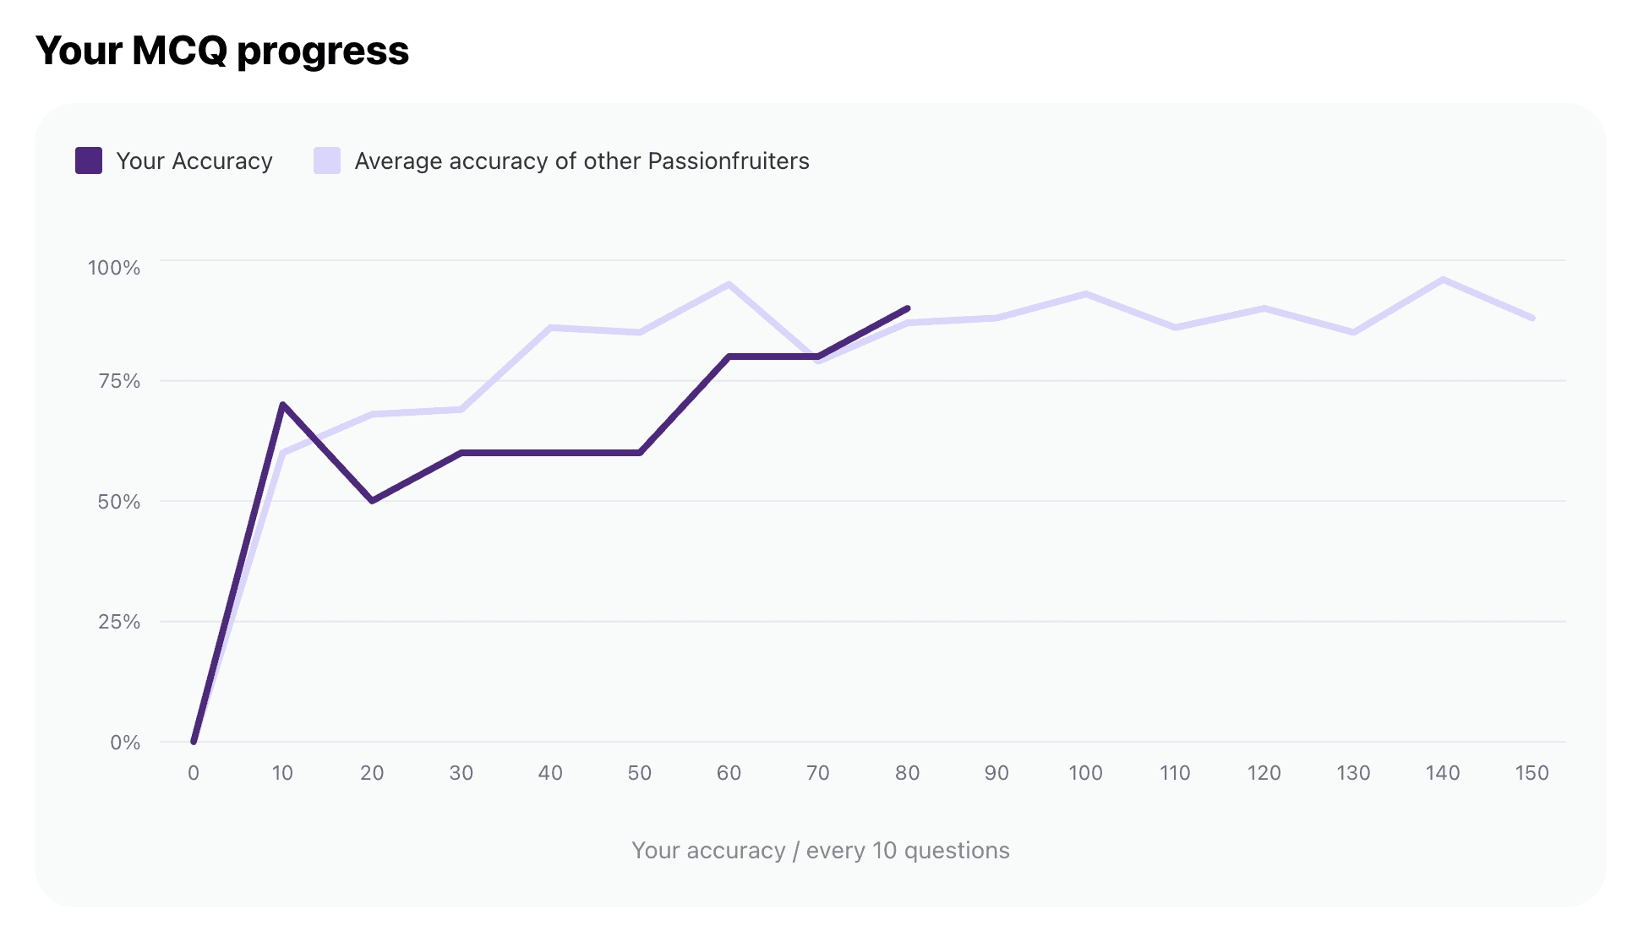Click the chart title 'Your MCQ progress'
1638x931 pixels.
(222, 51)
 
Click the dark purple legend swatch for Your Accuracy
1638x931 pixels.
(89, 161)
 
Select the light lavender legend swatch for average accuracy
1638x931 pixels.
(327, 161)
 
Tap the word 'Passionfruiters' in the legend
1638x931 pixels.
(729, 161)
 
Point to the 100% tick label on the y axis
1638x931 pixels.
(114, 268)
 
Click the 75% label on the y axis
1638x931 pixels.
(119, 381)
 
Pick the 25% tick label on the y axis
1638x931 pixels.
(119, 622)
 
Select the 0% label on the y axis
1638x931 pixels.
(125, 743)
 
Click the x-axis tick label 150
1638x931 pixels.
(1532, 773)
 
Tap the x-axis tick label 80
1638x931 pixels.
(907, 773)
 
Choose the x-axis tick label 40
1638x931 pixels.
(550, 773)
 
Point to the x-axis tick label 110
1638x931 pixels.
(1175, 773)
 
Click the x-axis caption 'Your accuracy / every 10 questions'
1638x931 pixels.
(820, 850)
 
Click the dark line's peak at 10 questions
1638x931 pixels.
(282, 405)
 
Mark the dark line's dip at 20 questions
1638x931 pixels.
(372, 501)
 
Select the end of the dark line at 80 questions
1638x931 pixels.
(907, 308)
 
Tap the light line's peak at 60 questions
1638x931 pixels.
(729, 284)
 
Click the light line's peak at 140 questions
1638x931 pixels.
(1443, 280)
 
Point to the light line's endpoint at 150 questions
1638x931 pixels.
(1532, 318)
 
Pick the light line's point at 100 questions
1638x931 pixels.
(1085, 294)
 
